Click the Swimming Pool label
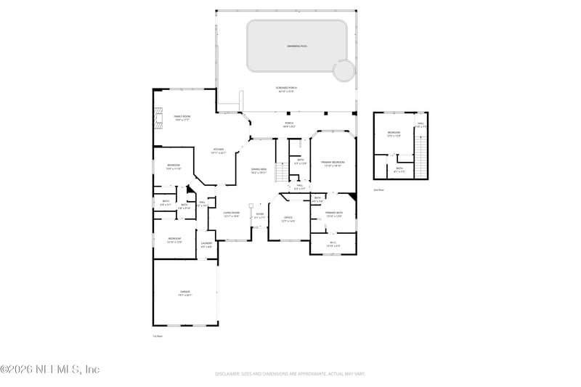point(297,46)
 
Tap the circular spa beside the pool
point(343,70)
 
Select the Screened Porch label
point(287,89)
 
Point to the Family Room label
point(182,118)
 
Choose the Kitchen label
point(219,151)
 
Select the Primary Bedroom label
point(333,164)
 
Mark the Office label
point(288,219)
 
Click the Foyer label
point(259,214)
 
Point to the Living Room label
point(231,214)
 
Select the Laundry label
point(206,245)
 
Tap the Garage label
point(185,293)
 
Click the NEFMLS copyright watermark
point(49,369)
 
